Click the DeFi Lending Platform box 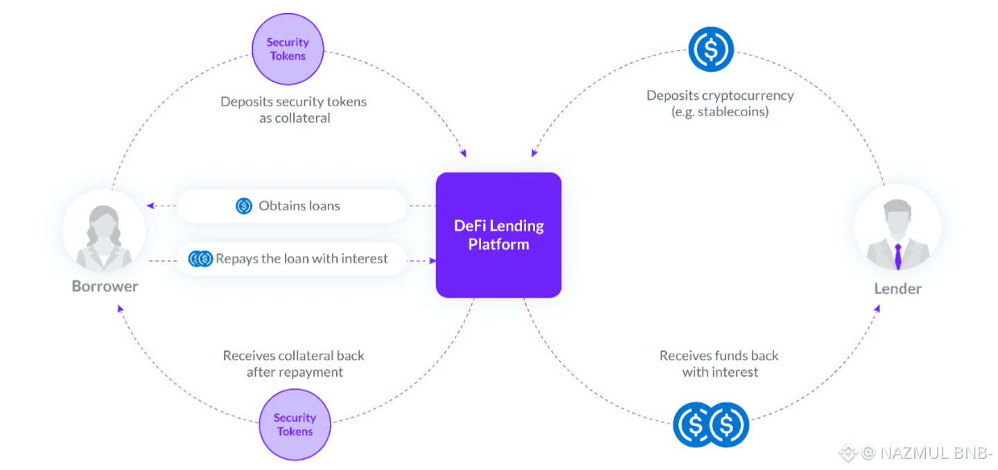pyautogui.click(x=498, y=235)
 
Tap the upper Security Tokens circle pyautogui.click(x=288, y=49)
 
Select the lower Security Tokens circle pyautogui.click(x=295, y=424)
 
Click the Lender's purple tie pyautogui.click(x=898, y=255)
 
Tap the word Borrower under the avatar pyautogui.click(x=105, y=286)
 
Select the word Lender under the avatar pyautogui.click(x=898, y=288)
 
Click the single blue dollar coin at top pyautogui.click(x=710, y=50)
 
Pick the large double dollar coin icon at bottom pyautogui.click(x=711, y=424)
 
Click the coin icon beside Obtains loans pyautogui.click(x=244, y=206)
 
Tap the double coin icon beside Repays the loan pyautogui.click(x=201, y=259)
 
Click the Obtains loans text pyautogui.click(x=299, y=206)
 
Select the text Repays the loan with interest pyautogui.click(x=301, y=259)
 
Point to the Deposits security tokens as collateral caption pyautogui.click(x=293, y=109)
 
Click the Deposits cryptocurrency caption pyautogui.click(x=720, y=103)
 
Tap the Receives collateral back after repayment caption pyautogui.click(x=294, y=363)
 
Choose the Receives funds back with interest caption pyautogui.click(x=719, y=363)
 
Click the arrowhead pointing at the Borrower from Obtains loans pyautogui.click(x=150, y=206)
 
